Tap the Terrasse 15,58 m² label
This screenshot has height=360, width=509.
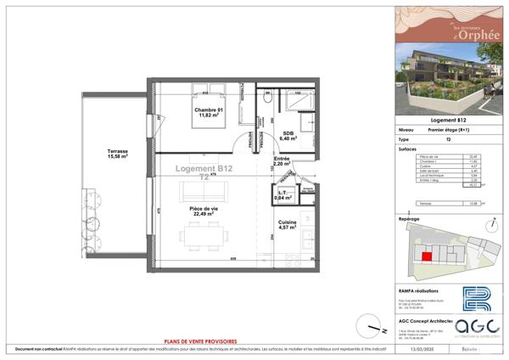point(118,154)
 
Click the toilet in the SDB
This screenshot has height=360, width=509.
point(267,98)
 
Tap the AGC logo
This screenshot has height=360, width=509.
point(473,329)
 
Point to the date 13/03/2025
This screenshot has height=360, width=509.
point(421,349)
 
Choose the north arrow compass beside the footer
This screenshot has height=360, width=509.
point(366,323)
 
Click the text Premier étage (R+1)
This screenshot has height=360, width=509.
point(446,130)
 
